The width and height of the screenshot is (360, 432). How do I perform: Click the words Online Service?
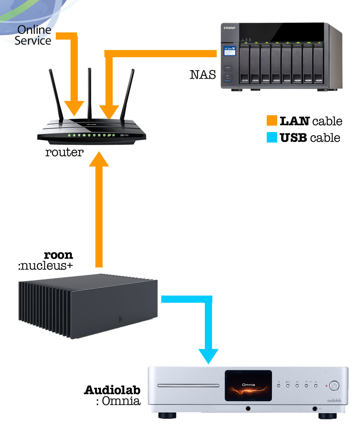[33, 35]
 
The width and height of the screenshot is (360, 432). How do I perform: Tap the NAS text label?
[203, 75]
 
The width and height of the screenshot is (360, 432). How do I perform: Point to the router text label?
[64, 152]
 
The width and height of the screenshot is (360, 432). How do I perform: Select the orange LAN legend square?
[272, 121]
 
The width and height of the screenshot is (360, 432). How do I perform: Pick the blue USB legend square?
[272, 138]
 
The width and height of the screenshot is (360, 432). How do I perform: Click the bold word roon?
[58, 255]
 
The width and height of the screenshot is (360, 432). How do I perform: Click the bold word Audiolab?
[112, 390]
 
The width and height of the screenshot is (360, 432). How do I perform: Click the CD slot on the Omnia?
[188, 386]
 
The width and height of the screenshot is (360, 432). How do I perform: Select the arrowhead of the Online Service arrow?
[75, 108]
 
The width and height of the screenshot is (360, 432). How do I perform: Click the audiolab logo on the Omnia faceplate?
[334, 400]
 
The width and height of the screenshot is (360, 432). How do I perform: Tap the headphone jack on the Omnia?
[315, 408]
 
